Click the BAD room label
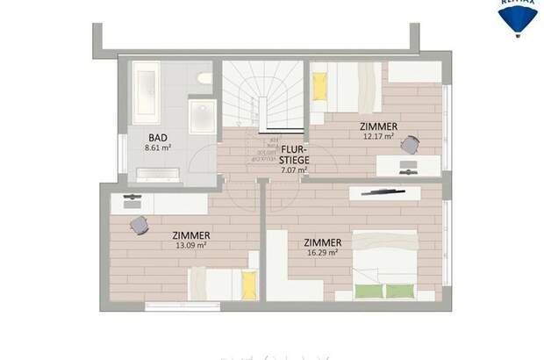click(158, 138)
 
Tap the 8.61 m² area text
click(158, 148)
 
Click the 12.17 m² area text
click(379, 137)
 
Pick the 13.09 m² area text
click(190, 246)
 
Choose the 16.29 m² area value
click(321, 253)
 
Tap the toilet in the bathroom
click(205, 78)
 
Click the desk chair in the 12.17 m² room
click(410, 146)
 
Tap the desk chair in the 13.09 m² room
click(139, 225)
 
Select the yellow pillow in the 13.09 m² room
click(248, 284)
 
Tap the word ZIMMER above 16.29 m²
click(321, 241)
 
